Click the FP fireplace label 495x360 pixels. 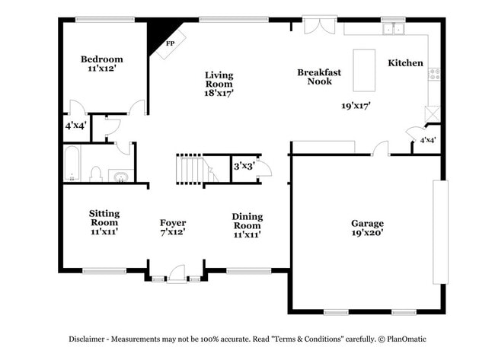170,43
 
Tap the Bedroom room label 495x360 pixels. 102,59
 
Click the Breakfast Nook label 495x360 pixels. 319,76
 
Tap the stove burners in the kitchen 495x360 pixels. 434,74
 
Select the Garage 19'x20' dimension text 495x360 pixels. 367,233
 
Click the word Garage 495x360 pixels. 367,223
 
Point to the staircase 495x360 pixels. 191,168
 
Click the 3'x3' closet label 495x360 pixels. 243,164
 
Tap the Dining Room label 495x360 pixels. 247,221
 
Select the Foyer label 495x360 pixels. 173,223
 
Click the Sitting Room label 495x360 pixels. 104,218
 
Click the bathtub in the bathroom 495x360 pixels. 71,165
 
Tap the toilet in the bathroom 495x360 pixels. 96,174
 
